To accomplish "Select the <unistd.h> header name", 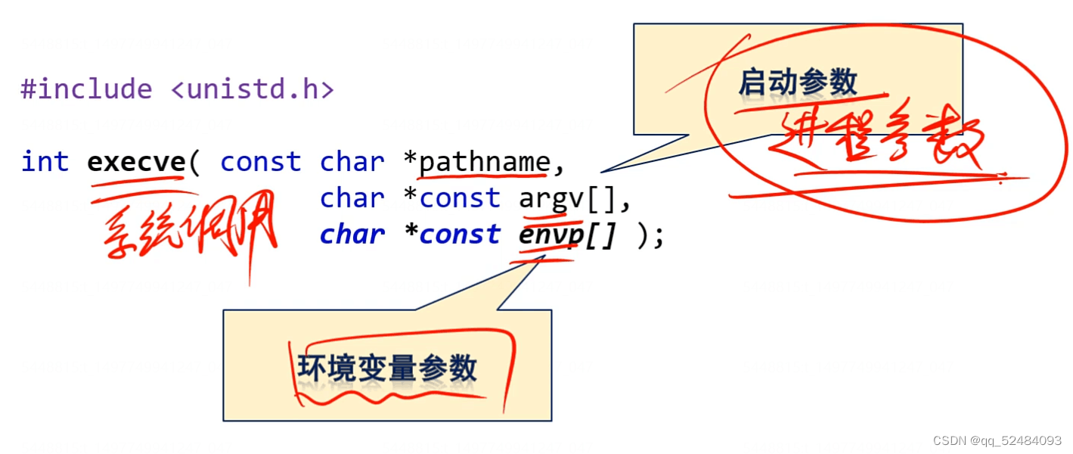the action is click(252, 90).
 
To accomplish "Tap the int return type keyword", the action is click(45, 162).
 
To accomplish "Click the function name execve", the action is click(136, 162).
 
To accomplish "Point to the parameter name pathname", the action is click(485, 162).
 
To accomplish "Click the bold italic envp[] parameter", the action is click(568, 235).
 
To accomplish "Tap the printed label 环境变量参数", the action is click(387, 368).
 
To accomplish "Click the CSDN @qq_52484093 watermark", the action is click(997, 440).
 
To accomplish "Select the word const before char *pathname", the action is click(260, 162).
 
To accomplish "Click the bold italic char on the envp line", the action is click(352, 235).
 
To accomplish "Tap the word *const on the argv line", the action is click(451, 198).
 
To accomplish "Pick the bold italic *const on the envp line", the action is click(451, 235).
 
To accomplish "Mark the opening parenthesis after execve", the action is click(194, 162).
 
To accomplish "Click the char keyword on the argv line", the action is click(352, 198).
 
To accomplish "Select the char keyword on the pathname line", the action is click(352, 162).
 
